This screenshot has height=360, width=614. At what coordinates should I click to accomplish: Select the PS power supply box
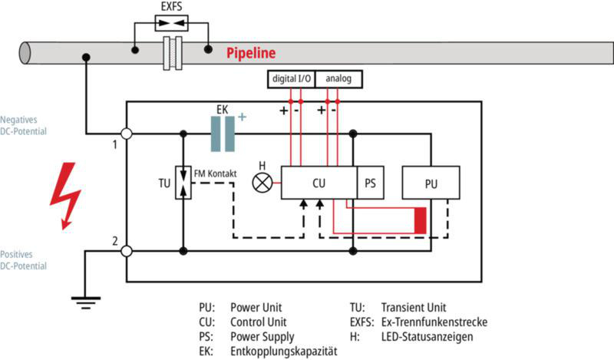[x=371, y=183]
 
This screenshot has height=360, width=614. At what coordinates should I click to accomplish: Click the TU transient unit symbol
[x=183, y=183]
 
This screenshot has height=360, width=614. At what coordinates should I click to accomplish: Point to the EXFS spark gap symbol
[x=171, y=23]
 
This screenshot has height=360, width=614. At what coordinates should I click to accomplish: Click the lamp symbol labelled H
[x=262, y=183]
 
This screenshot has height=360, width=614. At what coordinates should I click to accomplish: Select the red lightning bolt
[x=65, y=196]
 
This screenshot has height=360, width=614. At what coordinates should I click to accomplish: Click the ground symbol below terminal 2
[x=86, y=302]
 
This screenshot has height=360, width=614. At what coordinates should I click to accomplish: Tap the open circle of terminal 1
[x=126, y=134]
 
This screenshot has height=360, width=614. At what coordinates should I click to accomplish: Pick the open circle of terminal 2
[x=126, y=251]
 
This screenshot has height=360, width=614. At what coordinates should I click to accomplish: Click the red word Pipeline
[x=251, y=52]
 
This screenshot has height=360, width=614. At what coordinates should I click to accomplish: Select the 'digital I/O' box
[x=292, y=79]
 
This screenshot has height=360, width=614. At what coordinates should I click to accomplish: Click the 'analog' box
[x=338, y=79]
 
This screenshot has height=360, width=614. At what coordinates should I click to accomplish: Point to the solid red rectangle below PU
[x=420, y=220]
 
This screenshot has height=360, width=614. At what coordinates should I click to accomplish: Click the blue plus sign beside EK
[x=242, y=117]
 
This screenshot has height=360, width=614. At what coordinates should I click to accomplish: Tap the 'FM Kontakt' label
[x=216, y=173]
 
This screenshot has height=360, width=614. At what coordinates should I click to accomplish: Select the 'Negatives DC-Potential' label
[x=23, y=125]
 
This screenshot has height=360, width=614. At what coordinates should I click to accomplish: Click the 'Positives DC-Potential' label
[x=23, y=260]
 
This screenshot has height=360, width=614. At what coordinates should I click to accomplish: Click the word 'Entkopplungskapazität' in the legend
[x=284, y=351]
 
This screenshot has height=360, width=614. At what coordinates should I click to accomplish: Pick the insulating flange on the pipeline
[x=173, y=53]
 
